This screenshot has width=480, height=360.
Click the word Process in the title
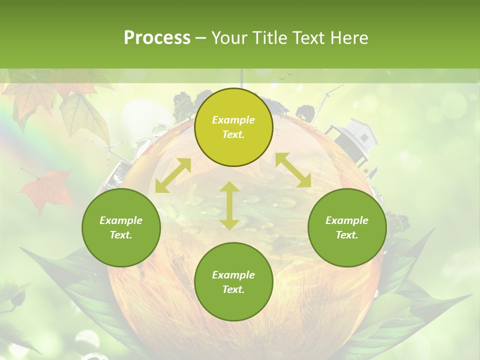[x=157, y=38]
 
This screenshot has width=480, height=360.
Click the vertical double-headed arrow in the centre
[x=229, y=205]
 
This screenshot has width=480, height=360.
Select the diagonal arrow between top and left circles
[x=173, y=175]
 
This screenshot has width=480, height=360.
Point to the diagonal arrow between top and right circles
[x=293, y=170]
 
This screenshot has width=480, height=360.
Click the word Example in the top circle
[x=233, y=120]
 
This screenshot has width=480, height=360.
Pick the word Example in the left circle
[x=121, y=220]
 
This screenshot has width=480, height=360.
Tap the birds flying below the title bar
[x=286, y=76]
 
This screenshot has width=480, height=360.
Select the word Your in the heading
[x=228, y=38]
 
